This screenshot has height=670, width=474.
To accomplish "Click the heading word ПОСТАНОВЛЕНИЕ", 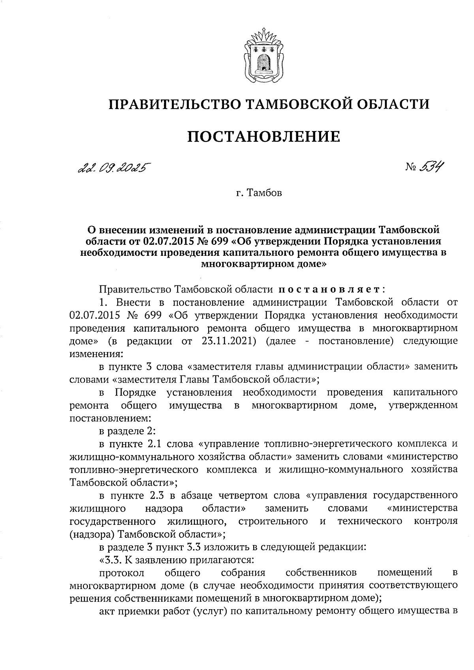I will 263,136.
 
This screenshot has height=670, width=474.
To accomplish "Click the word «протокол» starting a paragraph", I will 122,573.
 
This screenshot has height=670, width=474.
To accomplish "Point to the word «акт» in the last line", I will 107,612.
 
